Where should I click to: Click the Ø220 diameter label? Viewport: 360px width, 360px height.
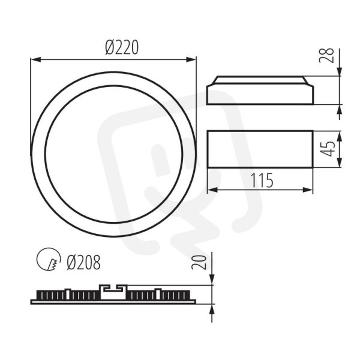(122, 47)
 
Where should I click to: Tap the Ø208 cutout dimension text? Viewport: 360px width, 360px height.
(83, 262)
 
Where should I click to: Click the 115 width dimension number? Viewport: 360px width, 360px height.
(262, 180)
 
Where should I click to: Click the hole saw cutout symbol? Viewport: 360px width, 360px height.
(49, 259)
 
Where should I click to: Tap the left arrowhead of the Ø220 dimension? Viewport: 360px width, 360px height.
(36, 59)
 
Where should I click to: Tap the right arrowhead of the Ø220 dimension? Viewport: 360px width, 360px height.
(191, 59)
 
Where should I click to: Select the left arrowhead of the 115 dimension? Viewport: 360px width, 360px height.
(212, 190)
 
